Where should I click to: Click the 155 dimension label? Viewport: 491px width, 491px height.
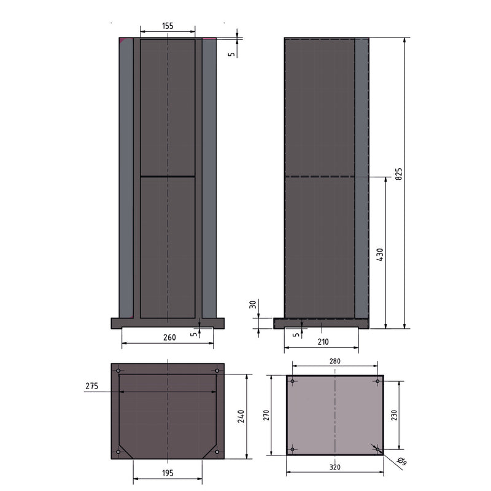[x=168, y=26]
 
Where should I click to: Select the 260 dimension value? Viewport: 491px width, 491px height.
[x=169, y=337]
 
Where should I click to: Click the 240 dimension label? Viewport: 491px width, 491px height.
[x=241, y=417]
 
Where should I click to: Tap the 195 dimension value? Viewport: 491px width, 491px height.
[x=168, y=473]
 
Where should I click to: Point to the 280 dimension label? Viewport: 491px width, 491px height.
[x=334, y=362]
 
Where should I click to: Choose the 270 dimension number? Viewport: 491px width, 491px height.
[x=266, y=416]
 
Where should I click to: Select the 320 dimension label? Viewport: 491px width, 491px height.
[x=334, y=467]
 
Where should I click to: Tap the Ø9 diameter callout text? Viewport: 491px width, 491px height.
[x=401, y=460]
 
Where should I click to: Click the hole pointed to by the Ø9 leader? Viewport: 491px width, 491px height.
[x=376, y=449]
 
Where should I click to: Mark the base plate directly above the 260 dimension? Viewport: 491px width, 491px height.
[x=168, y=323]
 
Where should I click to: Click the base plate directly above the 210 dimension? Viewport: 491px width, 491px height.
[x=321, y=323]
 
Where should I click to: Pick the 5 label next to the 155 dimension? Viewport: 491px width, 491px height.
[x=231, y=53]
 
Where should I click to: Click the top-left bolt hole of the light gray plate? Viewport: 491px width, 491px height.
[x=293, y=382]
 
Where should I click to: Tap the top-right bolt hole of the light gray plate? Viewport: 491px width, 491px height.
[x=376, y=382]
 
